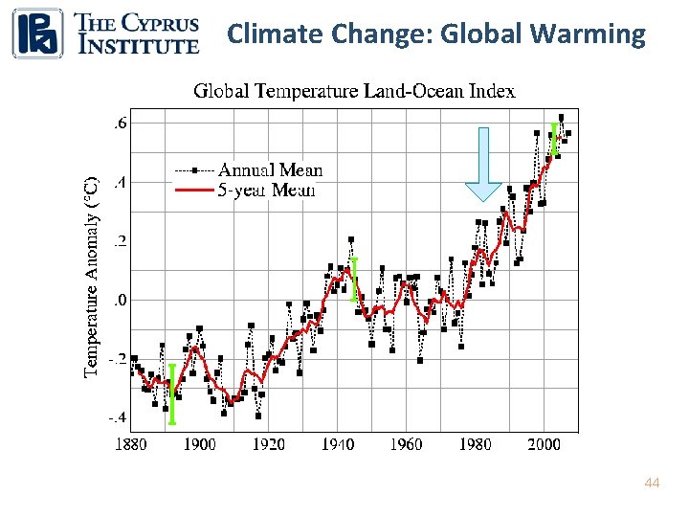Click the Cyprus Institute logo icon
click(x=37, y=33)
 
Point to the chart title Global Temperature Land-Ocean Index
click(x=354, y=92)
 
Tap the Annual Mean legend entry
click(x=271, y=170)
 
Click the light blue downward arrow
click(x=483, y=164)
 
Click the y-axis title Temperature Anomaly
click(x=92, y=276)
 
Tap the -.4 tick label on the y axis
click(x=116, y=418)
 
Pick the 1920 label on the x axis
click(x=268, y=444)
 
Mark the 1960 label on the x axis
click(x=407, y=444)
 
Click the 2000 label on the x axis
click(x=545, y=444)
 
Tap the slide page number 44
click(x=652, y=484)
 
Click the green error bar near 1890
click(x=172, y=393)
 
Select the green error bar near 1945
click(x=354, y=278)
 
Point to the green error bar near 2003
click(x=553, y=140)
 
